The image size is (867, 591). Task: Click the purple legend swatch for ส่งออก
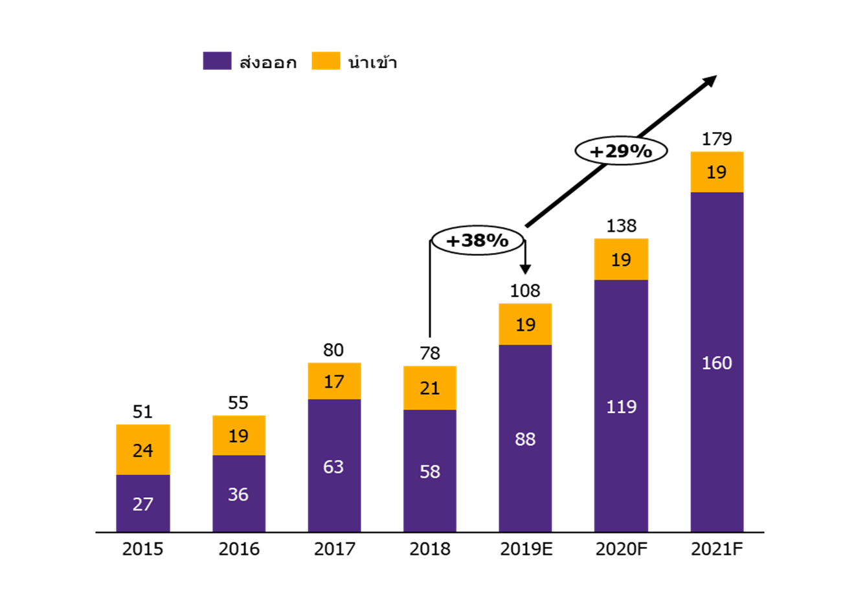[x=217, y=61]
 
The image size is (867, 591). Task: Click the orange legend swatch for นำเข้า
[x=326, y=61]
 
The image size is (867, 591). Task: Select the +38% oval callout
[x=478, y=241]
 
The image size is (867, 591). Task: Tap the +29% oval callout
[x=621, y=151]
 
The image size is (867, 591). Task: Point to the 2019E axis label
[x=526, y=550]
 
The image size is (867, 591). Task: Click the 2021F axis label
[x=717, y=550]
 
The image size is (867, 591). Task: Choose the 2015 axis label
[x=142, y=550]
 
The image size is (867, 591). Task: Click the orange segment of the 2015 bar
[x=142, y=450]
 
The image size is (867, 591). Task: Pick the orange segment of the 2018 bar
[x=430, y=388]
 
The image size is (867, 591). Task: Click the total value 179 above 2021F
[x=717, y=139]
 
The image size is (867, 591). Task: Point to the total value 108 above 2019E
[x=525, y=291]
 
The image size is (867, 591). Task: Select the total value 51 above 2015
[x=142, y=412]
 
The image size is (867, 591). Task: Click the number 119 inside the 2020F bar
[x=621, y=407]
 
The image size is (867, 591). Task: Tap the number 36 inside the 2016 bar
[x=238, y=495]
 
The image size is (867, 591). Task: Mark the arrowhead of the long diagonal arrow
[x=711, y=80]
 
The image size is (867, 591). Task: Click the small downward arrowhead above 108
[x=525, y=269]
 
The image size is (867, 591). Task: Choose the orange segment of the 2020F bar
[x=621, y=260]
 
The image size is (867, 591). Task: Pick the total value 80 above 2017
[x=333, y=350]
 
